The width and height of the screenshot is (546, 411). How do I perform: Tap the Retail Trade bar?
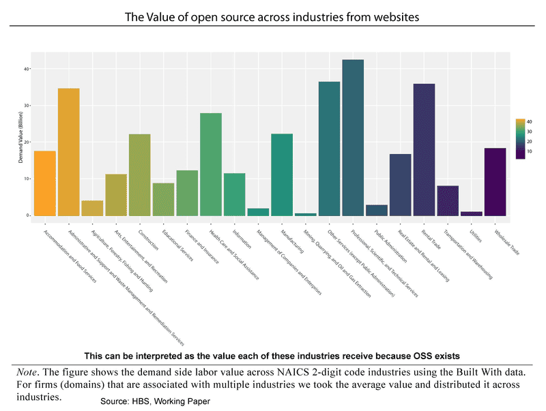(x=424, y=149)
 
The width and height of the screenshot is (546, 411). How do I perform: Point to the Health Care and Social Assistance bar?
(x=210, y=164)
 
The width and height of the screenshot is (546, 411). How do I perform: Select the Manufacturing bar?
(x=282, y=174)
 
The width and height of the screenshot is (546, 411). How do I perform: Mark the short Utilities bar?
(x=471, y=213)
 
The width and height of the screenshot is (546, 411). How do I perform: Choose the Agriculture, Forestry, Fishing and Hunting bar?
(x=92, y=208)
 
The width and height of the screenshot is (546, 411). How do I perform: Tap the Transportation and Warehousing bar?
(x=448, y=200)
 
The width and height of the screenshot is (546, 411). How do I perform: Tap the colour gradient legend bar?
(x=520, y=138)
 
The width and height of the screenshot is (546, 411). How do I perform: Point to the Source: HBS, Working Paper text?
(x=155, y=401)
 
